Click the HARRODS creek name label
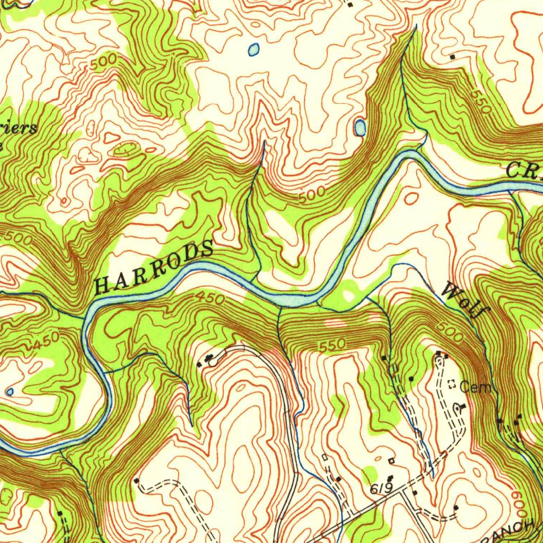click(x=154, y=267)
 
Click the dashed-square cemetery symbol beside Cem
click(x=452, y=385)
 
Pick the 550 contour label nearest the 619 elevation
click(x=332, y=345)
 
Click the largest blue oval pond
click(x=360, y=127)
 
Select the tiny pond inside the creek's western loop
click(x=9, y=392)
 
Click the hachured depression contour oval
click(x=125, y=149)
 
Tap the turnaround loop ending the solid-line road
click(x=213, y=362)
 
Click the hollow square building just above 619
click(x=392, y=460)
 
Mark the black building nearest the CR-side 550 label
click(x=452, y=56)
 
